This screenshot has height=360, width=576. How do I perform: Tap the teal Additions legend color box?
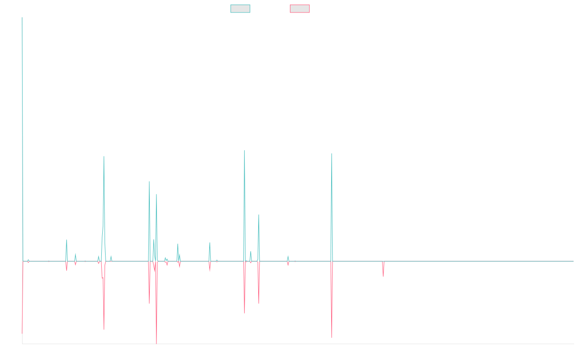240,9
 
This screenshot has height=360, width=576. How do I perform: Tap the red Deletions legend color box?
300,9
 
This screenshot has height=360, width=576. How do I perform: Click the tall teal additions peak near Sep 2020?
332,155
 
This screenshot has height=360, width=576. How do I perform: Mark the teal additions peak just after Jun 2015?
104,157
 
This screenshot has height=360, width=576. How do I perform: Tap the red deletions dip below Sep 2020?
332,336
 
